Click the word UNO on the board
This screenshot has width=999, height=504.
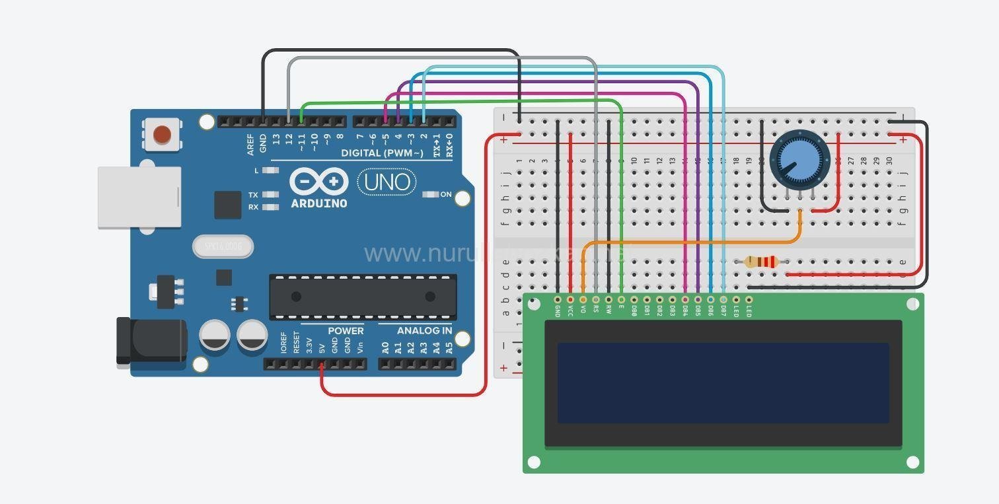387,182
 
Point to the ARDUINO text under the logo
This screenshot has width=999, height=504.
319,203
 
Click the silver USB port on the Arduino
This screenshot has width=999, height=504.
139,197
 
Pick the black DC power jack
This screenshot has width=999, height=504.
151,340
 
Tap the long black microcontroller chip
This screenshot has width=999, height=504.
363,297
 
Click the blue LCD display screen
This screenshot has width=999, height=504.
723,382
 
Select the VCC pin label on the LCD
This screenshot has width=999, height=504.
570,310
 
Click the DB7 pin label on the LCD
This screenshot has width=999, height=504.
723,310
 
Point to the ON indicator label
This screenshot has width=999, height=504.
446,194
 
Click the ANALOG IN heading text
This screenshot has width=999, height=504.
424,330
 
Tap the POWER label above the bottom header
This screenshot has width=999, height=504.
346,330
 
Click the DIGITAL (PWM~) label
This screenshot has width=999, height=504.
382,153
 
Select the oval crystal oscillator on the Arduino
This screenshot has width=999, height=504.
223,247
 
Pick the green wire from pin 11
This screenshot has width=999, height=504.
462,100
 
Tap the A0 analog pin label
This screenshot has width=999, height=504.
385,346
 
